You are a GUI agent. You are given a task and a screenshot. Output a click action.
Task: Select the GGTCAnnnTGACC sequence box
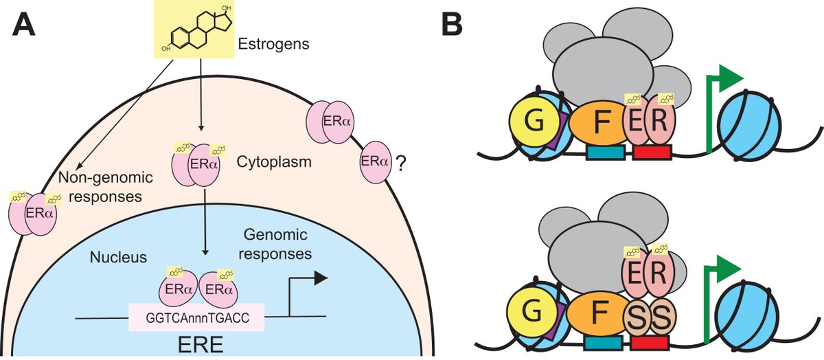pyautogui.click(x=197, y=318)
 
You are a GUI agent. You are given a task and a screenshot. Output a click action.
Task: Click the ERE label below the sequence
pyautogui.click(x=196, y=344)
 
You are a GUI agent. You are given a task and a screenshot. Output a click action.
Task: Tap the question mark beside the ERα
pyautogui.click(x=396, y=164)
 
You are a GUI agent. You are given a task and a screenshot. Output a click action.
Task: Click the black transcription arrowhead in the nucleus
pyautogui.click(x=320, y=278)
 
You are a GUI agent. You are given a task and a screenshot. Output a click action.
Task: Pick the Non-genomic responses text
pyautogui.click(x=106, y=186)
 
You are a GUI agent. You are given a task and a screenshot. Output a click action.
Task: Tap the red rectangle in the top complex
pyautogui.click(x=652, y=153)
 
